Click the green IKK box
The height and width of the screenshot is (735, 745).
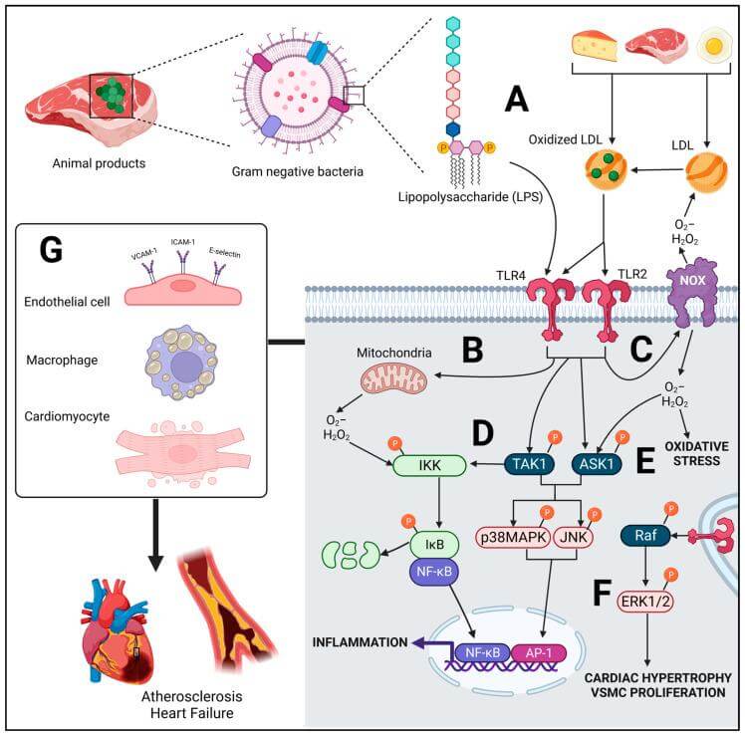point(429,466)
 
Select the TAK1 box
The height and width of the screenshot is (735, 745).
point(529,464)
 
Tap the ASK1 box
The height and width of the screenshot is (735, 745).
point(597,464)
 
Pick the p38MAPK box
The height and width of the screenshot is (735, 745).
point(513,538)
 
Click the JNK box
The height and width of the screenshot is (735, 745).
point(574,538)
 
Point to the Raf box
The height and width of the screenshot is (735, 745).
point(645,536)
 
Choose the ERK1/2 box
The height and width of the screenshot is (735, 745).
point(645,602)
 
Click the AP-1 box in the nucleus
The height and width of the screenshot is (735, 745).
point(538,653)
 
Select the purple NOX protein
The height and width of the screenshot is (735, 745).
point(692,292)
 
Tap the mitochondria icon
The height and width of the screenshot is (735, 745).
point(393,377)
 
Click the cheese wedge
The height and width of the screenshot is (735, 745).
point(595,46)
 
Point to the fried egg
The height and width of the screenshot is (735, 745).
point(714,46)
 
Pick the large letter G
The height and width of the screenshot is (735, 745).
point(51,250)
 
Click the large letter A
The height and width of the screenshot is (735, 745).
point(517,100)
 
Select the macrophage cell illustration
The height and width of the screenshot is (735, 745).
point(181,363)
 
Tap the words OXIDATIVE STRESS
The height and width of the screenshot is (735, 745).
point(696,453)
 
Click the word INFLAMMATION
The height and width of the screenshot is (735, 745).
point(360,642)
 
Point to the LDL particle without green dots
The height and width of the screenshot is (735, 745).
point(706,172)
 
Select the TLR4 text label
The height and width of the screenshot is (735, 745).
point(511,276)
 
